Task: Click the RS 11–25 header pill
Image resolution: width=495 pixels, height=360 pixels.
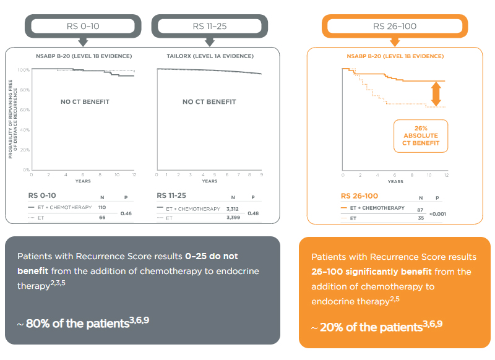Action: pos(209,27)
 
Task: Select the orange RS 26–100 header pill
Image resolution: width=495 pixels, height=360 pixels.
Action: pos(394,27)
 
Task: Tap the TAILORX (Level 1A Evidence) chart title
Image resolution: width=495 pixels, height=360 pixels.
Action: pos(209,56)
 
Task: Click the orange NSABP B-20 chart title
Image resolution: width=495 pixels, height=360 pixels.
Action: pos(394,56)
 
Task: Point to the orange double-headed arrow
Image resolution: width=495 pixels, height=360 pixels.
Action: pos(436,94)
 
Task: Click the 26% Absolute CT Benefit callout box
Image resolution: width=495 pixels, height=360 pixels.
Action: pos(420,135)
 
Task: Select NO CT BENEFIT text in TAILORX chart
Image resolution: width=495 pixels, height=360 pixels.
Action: pos(209,101)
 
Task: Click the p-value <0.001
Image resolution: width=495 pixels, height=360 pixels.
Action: pos(437,213)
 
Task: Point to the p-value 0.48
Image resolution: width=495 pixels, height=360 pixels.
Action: pos(254,213)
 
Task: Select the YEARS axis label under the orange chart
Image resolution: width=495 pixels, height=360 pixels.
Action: pos(395,181)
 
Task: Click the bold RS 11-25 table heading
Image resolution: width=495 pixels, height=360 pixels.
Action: pos(175,195)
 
